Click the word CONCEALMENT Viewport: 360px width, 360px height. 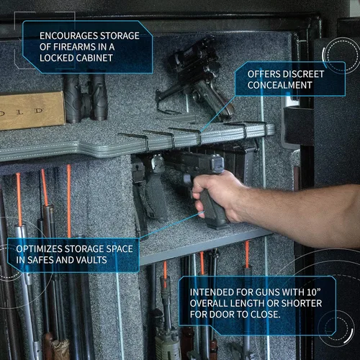pos(280,85)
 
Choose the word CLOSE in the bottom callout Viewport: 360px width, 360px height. pos(265,314)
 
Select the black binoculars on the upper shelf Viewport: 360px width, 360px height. pos(85,96)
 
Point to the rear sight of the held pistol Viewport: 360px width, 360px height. pos(217,162)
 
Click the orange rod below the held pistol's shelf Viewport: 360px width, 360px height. pos(247,254)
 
